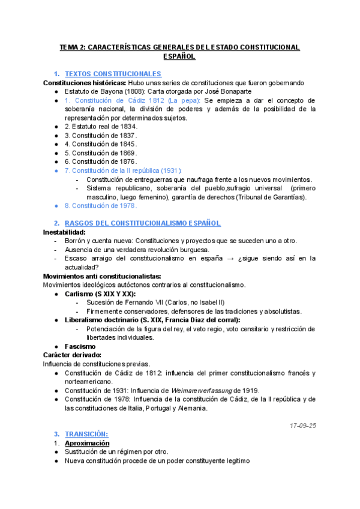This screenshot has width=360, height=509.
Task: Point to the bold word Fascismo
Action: coord(80,346)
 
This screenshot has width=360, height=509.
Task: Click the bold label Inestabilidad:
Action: coord(64,232)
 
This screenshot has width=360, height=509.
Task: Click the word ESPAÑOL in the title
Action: coord(179,56)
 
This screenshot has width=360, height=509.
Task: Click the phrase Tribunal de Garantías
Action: coord(271,197)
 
